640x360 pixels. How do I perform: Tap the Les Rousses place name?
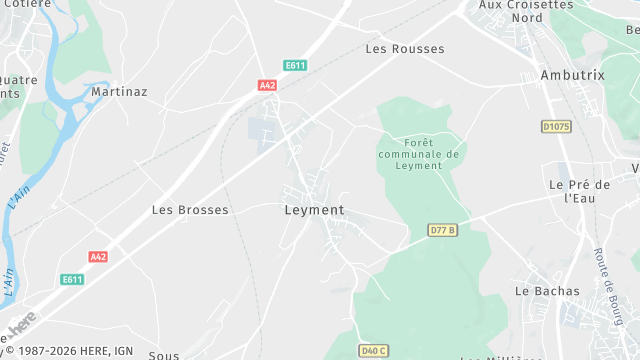coord(405,48)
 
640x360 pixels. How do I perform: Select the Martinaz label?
coord(119,92)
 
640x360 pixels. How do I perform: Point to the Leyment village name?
coord(314,210)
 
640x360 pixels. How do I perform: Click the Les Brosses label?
coord(190,210)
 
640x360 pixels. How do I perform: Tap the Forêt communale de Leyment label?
coord(418,154)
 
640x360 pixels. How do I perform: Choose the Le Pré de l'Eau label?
coord(580,191)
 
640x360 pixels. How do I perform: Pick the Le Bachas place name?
coord(547,291)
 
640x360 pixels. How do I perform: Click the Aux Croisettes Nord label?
coord(526,11)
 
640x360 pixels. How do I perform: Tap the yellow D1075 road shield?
coord(556,126)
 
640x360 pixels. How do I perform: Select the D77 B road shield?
coord(442,230)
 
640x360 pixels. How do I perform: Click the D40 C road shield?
coord(374,350)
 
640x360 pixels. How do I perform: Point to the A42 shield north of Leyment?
coord(267,86)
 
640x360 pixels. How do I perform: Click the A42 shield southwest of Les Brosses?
coord(98,257)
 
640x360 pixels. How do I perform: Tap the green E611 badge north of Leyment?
coord(295,66)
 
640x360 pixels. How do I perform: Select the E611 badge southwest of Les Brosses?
coord(72,279)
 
